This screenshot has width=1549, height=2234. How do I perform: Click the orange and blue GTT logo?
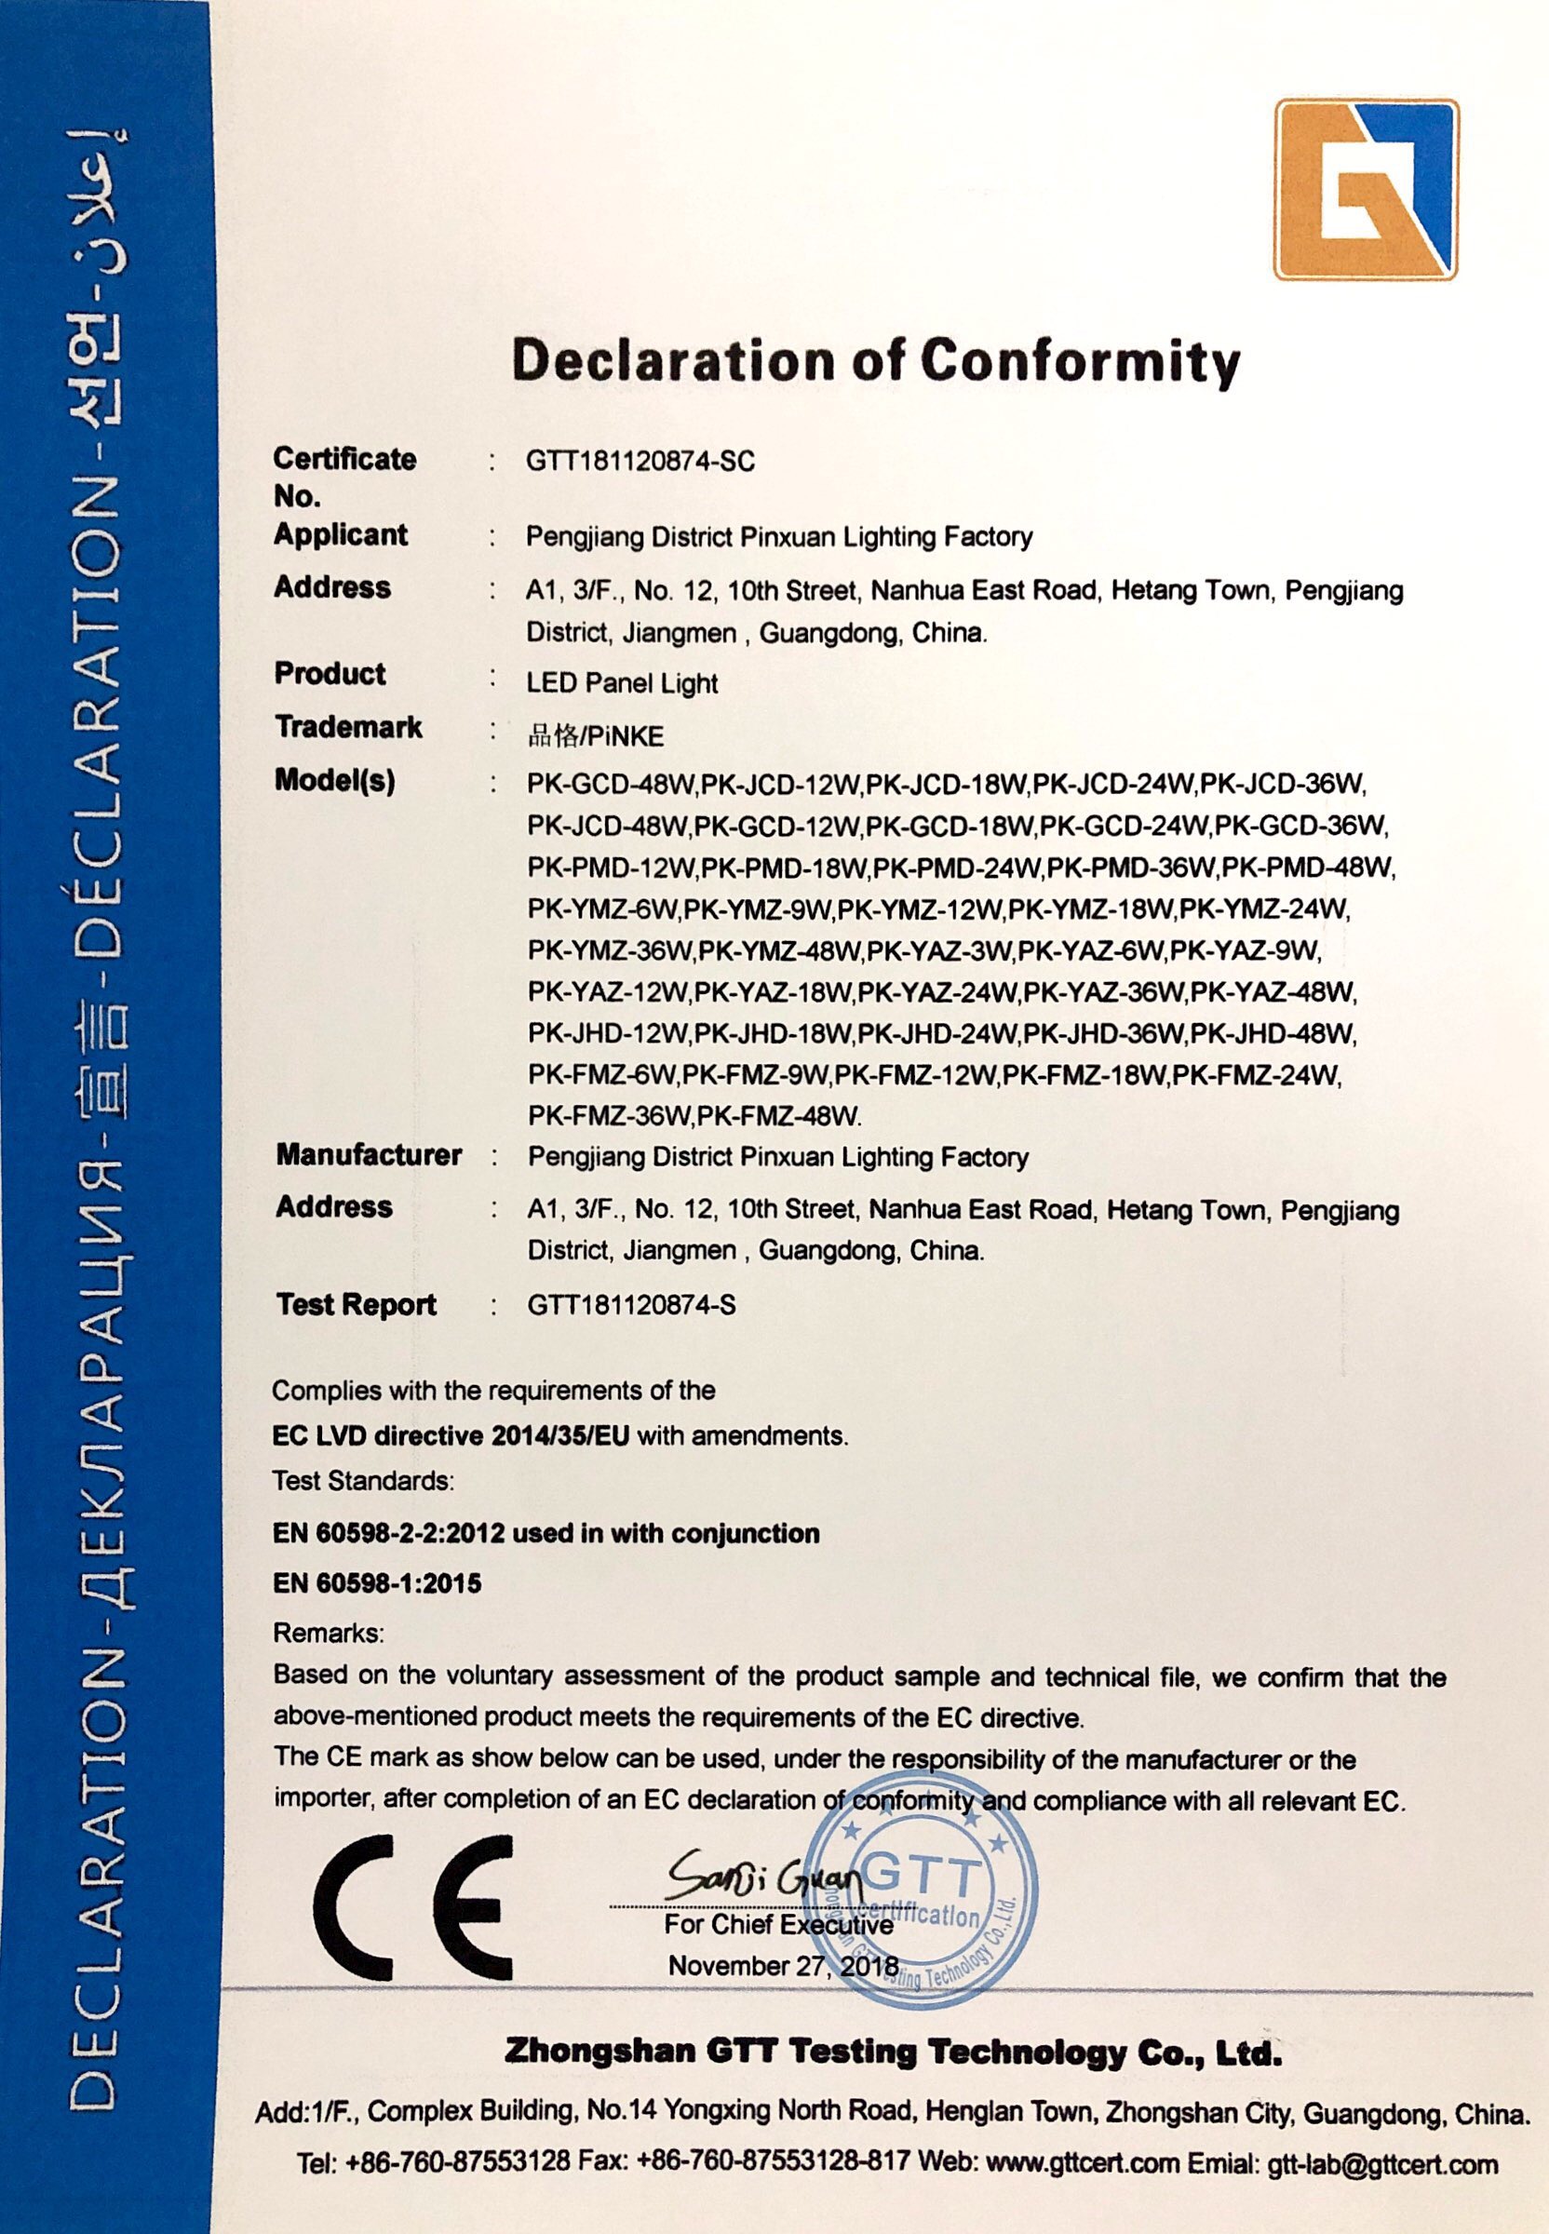(x=1366, y=190)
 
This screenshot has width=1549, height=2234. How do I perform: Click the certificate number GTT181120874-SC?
(x=640, y=462)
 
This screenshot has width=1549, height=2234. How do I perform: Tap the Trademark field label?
(x=348, y=727)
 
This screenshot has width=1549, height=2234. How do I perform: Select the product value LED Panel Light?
(x=622, y=683)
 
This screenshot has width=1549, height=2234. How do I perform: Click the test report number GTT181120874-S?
(x=632, y=1306)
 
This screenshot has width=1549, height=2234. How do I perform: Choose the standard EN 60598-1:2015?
(x=378, y=1583)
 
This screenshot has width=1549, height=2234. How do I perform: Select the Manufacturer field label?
(x=369, y=1155)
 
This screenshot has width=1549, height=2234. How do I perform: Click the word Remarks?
(x=329, y=1634)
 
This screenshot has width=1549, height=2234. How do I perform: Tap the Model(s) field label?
(x=335, y=781)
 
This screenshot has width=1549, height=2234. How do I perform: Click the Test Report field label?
(x=357, y=1305)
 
